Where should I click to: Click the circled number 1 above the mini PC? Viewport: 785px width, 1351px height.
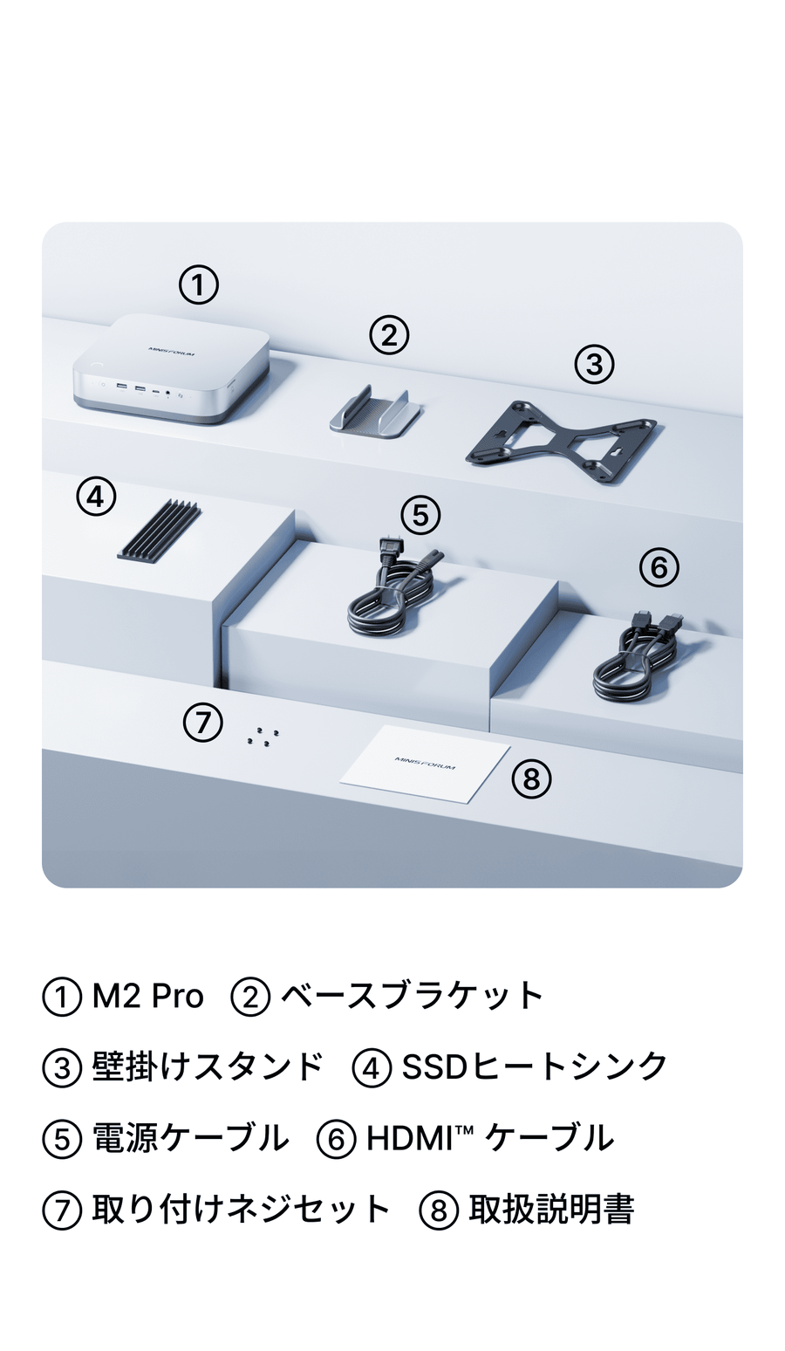199,285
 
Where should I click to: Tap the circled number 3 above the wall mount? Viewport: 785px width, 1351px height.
595,364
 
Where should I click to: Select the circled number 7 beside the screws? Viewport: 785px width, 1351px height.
202,722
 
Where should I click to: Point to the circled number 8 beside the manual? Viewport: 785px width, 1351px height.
531,778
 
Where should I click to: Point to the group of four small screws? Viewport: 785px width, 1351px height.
263,737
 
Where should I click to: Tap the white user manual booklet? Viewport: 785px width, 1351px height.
425,765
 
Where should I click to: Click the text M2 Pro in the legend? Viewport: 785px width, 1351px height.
147,996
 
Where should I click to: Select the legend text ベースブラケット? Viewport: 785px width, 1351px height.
413,996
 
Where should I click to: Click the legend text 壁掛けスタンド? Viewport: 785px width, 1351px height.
208,1066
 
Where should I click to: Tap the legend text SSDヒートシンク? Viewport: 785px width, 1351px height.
534,1066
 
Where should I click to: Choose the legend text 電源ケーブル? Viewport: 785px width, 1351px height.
190,1137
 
